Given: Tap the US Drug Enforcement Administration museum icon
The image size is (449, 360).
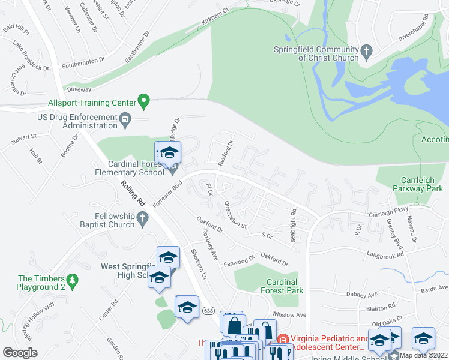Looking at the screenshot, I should (x=125, y=119).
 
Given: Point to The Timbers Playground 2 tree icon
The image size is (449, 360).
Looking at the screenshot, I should (x=72, y=279).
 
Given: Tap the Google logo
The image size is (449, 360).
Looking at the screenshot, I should (x=20, y=352).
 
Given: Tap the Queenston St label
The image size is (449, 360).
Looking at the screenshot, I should (x=235, y=216).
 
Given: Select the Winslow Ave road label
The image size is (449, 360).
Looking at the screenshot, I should (x=289, y=314).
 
